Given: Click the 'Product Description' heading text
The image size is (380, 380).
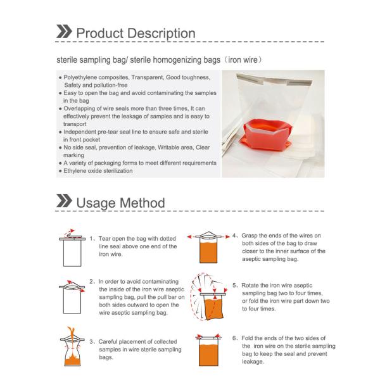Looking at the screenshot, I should pos(136,33).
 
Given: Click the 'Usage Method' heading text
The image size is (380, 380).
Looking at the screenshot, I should pos(120,203).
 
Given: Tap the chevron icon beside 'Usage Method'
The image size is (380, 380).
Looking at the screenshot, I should pos(63,203).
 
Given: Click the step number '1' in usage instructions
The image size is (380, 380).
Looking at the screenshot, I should pos(91,239).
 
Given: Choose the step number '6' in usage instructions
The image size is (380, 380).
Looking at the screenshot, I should pos(234,338).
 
